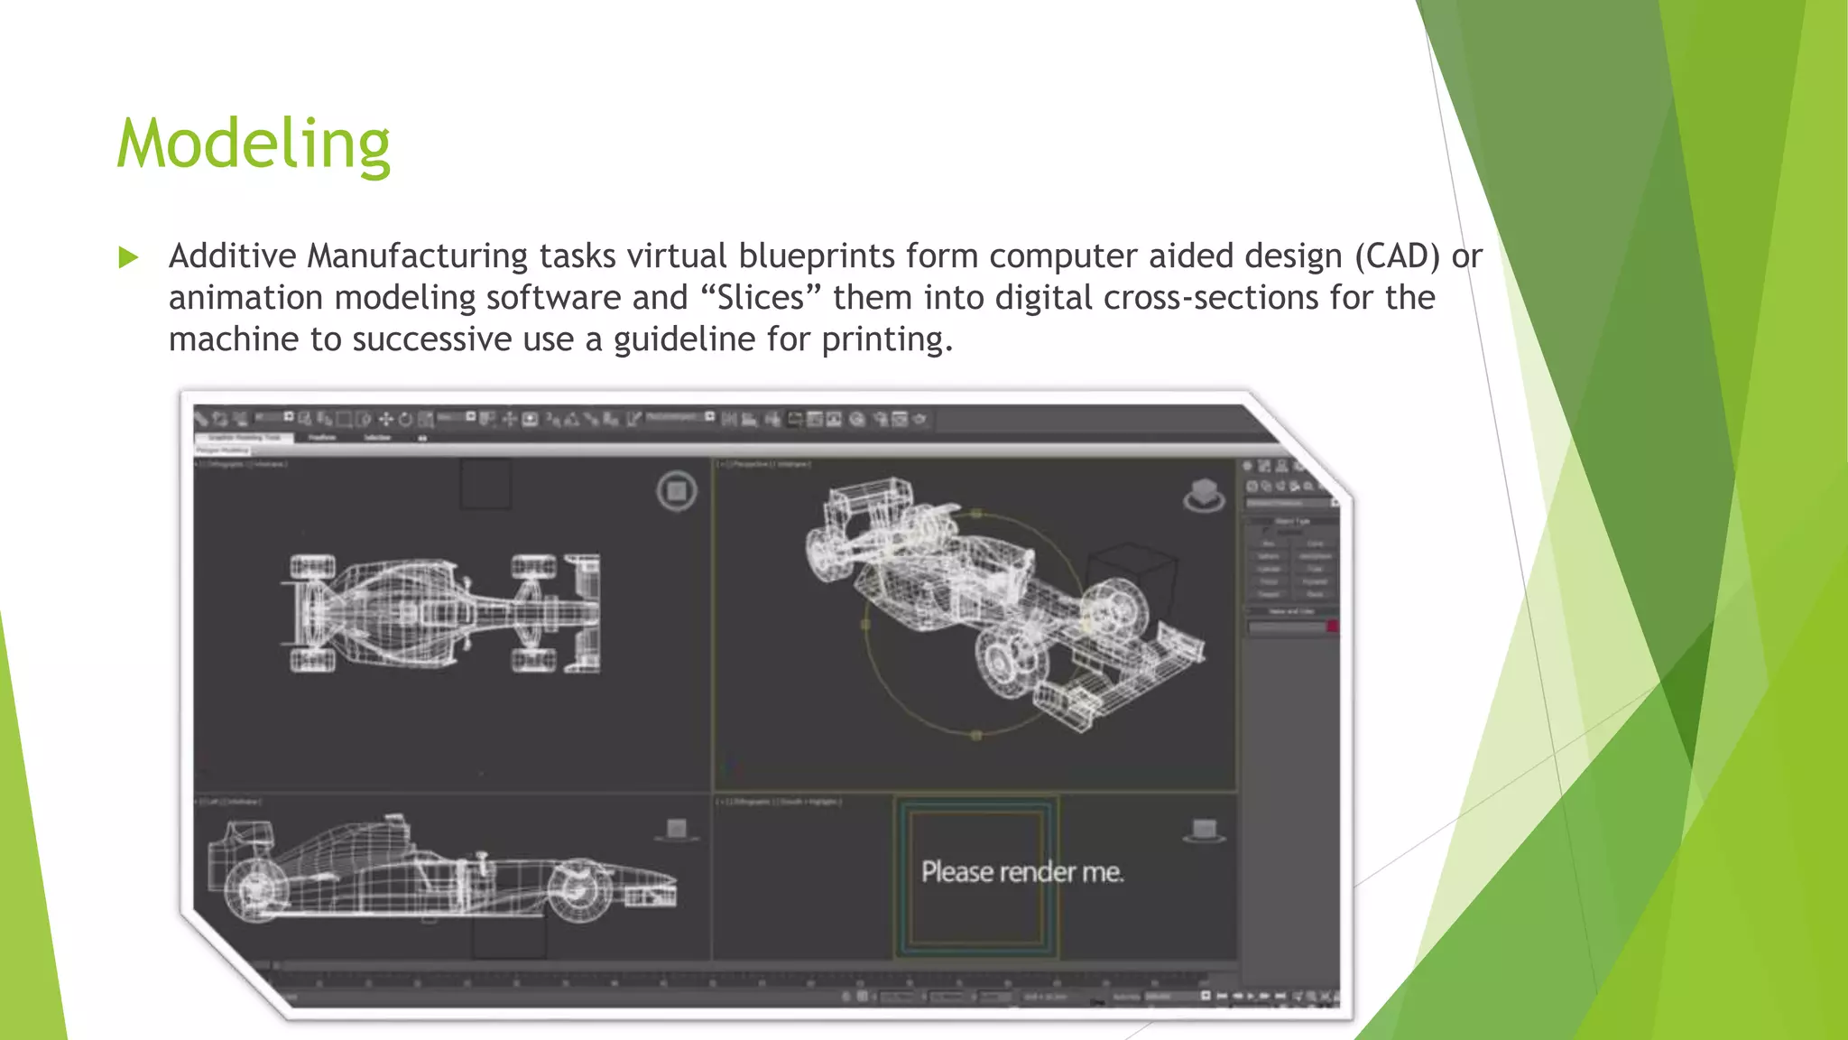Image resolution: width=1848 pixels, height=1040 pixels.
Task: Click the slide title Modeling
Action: point(254,144)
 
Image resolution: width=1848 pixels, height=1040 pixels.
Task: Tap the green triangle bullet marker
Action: point(128,258)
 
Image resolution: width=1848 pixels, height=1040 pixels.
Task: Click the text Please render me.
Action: point(1022,872)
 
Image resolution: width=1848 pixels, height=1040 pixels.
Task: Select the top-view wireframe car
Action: point(441,614)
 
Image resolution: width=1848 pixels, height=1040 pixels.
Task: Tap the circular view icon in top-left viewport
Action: point(677,491)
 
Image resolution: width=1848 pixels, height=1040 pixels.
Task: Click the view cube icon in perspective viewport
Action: point(1204,495)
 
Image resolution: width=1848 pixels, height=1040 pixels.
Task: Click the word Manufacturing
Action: point(417,256)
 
